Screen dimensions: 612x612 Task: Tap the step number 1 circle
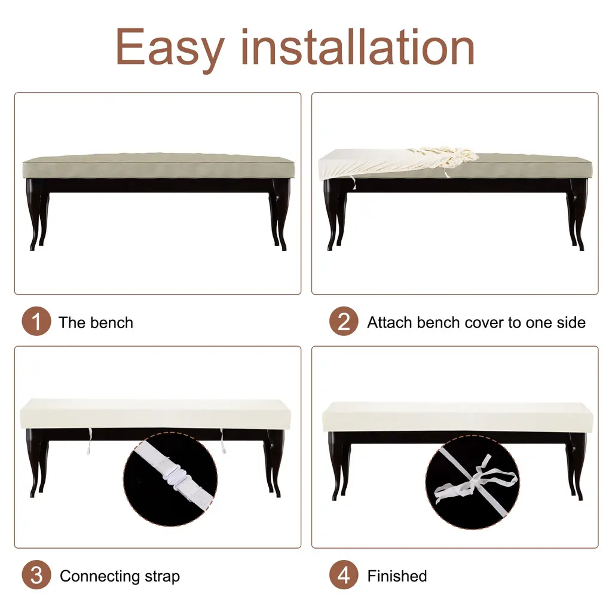point(36,321)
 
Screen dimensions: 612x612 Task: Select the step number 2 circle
point(344,321)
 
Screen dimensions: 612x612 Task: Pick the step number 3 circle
point(36,575)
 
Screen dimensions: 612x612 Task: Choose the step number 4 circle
point(344,575)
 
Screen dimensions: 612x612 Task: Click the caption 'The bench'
point(96,322)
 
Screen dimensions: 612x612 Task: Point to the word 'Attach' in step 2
point(390,322)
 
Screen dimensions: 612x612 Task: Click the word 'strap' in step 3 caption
point(162,577)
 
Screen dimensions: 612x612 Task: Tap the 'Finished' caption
point(397,576)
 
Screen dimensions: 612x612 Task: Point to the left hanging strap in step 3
point(90,441)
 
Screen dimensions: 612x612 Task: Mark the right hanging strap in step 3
point(223,440)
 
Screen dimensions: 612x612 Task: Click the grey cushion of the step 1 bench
point(158,166)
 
